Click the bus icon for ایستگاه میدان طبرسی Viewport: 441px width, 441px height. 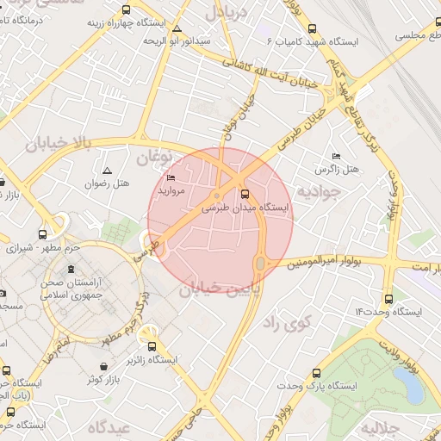coord(245,194)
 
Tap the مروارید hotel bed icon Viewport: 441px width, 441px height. coord(171,177)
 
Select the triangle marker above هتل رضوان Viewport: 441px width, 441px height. coord(107,171)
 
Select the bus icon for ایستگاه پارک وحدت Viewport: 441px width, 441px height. coord(317,373)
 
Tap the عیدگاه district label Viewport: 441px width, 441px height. coord(106,427)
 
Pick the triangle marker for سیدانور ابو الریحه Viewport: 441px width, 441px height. coord(177,28)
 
